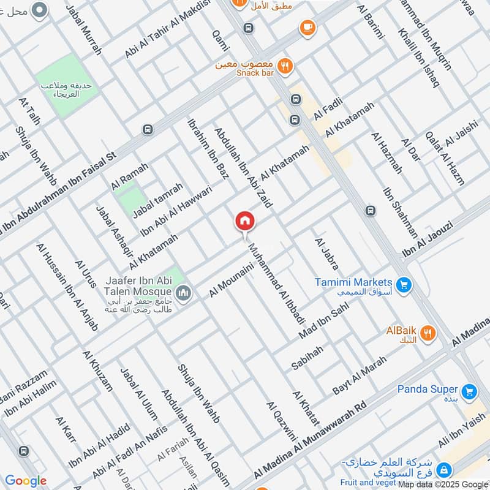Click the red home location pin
245,221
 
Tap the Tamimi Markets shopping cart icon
402,284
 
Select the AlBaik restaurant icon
428,333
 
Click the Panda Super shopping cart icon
469,391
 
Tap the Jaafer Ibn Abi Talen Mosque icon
184,293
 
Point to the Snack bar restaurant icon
284,66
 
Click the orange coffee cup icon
307,28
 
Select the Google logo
26,481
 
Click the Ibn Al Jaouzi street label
427,239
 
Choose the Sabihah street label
307,358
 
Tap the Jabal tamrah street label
158,199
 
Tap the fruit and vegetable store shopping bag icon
445,470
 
